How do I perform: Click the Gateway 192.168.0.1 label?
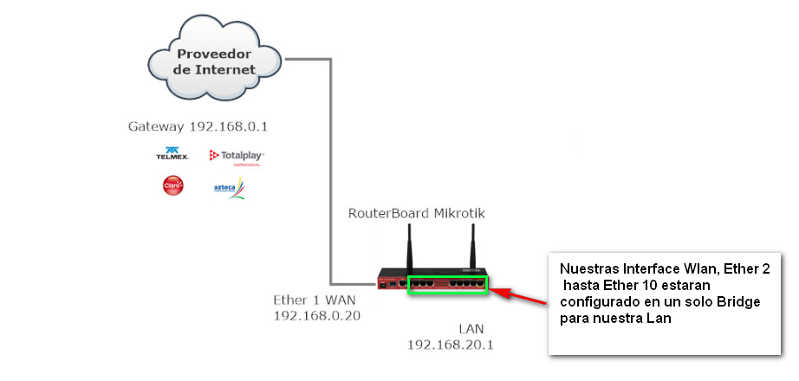click(x=198, y=126)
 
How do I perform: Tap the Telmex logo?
click(x=172, y=154)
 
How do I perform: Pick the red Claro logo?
click(x=173, y=185)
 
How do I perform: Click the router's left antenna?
click(x=410, y=249)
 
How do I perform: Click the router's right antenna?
click(x=474, y=249)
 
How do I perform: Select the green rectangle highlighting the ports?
click(x=448, y=283)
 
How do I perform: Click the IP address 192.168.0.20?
click(x=316, y=316)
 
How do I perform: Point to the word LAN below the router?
click(x=472, y=328)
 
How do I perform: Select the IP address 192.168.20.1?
click(x=451, y=345)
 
